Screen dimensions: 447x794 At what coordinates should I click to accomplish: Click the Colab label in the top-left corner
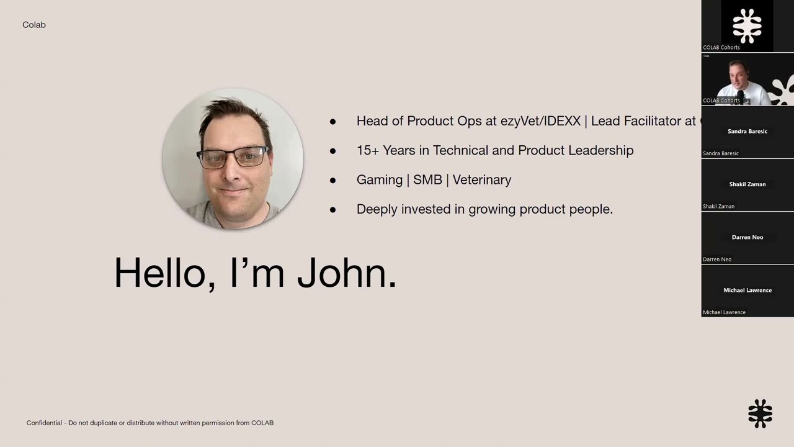[34, 25]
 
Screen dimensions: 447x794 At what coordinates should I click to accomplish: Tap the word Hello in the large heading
[164, 273]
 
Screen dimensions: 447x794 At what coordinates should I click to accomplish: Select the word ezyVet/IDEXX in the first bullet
[540, 121]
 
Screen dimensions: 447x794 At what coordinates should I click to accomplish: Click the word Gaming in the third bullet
[380, 180]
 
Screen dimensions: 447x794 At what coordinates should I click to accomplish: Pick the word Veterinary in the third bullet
[482, 180]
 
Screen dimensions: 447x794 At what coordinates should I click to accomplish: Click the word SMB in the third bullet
[427, 180]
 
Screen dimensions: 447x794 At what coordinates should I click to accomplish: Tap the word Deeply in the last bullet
[377, 210]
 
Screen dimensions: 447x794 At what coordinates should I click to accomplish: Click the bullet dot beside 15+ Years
[333, 151]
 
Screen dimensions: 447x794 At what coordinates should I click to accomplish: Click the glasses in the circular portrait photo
[233, 158]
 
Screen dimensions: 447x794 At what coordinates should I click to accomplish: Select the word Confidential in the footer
[44, 423]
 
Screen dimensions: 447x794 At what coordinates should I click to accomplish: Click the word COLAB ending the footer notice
[262, 423]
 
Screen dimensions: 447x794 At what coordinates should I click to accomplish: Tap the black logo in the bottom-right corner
[760, 413]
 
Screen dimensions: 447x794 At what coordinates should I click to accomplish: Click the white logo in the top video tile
[747, 25]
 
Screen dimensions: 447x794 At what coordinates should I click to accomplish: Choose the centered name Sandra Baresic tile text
[747, 132]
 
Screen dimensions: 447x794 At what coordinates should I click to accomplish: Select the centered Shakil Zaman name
[747, 184]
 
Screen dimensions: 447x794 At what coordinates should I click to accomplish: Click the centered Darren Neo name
[747, 237]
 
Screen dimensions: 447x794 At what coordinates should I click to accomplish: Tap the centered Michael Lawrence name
[747, 291]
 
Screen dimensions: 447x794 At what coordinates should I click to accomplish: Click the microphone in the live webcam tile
[740, 95]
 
